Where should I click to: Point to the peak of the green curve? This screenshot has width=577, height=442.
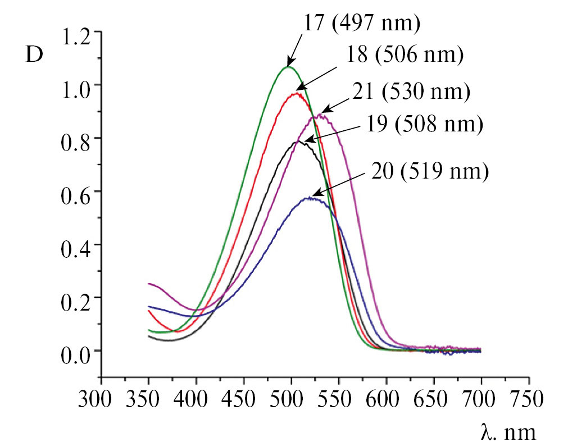tap(288, 67)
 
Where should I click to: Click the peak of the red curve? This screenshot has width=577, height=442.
tap(297, 94)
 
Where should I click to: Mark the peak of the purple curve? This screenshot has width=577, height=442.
tap(320, 115)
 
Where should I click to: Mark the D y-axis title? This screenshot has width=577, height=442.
tap(35, 56)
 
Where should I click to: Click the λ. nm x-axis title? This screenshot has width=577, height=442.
tap(508, 431)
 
